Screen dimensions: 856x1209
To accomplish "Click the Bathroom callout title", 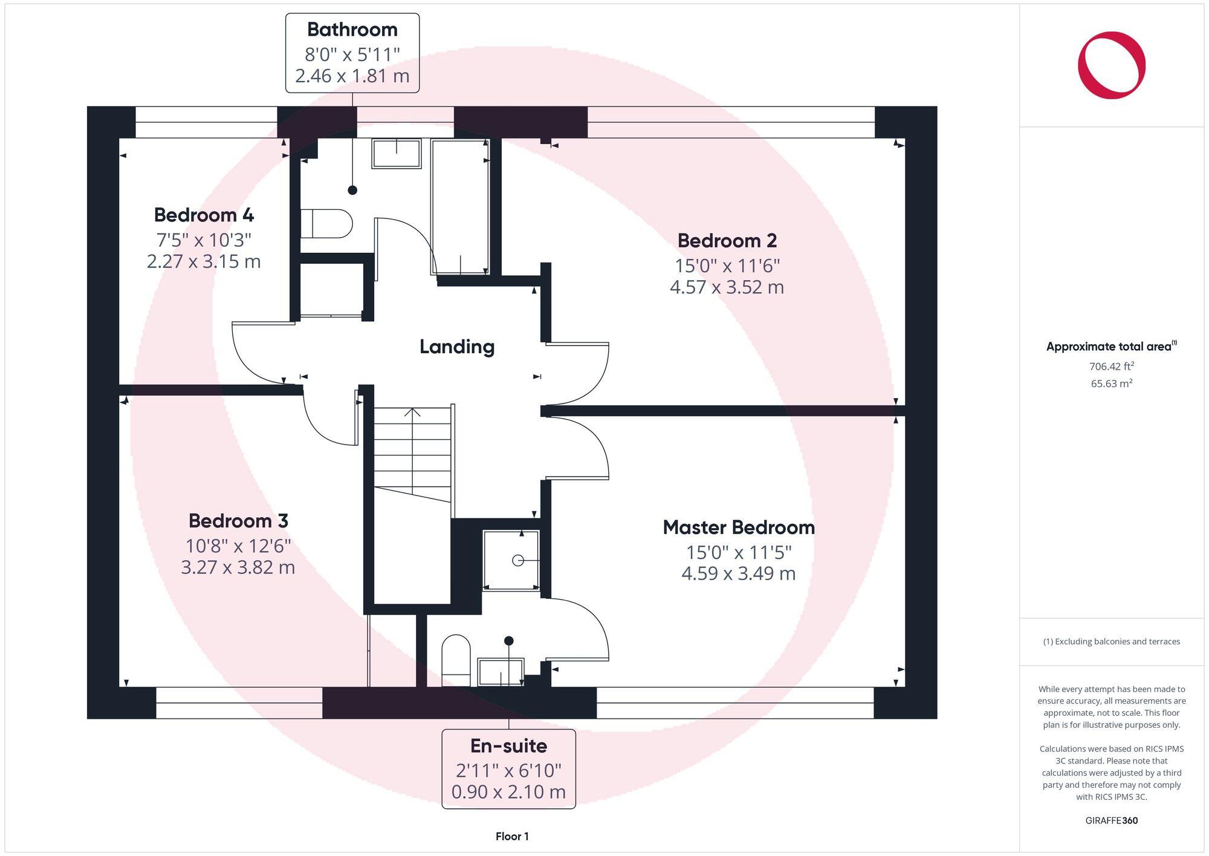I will [352, 29].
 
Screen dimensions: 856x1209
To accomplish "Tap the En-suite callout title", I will [508, 746].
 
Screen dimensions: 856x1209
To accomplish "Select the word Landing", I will [457, 347].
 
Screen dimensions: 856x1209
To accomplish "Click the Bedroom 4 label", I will [204, 215].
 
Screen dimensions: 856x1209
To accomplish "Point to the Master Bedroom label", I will [738, 528].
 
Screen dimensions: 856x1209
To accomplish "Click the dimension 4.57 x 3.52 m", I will [727, 287].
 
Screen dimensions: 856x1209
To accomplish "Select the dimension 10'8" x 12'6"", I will [238, 546].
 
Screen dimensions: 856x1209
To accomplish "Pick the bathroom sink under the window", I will [397, 154].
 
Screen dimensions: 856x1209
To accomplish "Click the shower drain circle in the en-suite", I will [517, 560].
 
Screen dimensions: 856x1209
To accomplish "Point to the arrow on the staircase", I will [412, 414].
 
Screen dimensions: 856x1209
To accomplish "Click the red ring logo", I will [1111, 65].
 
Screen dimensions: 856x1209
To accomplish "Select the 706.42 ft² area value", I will [1111, 366].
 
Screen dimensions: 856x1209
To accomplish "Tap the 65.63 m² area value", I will [1111, 383].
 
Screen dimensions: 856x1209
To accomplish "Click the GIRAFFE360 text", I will [1111, 820].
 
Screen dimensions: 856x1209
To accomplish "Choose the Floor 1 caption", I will [512, 836].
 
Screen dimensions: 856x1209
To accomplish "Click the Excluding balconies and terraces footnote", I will [1111, 641].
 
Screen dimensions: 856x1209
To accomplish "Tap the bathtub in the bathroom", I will [459, 206].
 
